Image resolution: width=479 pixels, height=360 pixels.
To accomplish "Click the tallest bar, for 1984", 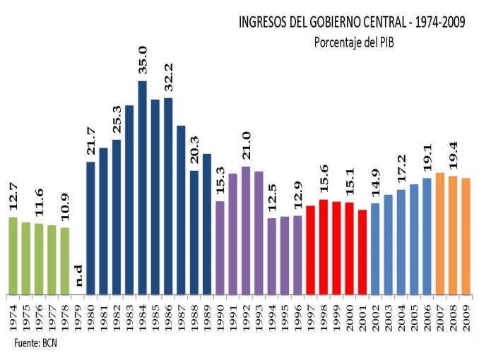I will coord(142,187).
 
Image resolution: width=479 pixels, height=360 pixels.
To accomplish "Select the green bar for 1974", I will coord(13,255).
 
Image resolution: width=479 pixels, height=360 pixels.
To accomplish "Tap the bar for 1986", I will coord(168,196).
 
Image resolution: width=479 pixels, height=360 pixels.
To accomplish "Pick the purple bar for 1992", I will coord(246,230).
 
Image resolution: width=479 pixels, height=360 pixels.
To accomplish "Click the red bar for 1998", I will coord(324,246).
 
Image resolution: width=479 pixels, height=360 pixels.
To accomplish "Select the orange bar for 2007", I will coord(440,233).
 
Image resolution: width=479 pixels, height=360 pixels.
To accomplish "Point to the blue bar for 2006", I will coord(427,236).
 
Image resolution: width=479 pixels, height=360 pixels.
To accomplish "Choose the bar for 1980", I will coord(90,227).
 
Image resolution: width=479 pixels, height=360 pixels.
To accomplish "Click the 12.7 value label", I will coord(13,197).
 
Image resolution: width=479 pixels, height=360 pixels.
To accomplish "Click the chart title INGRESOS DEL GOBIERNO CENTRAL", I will coord(351,23).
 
